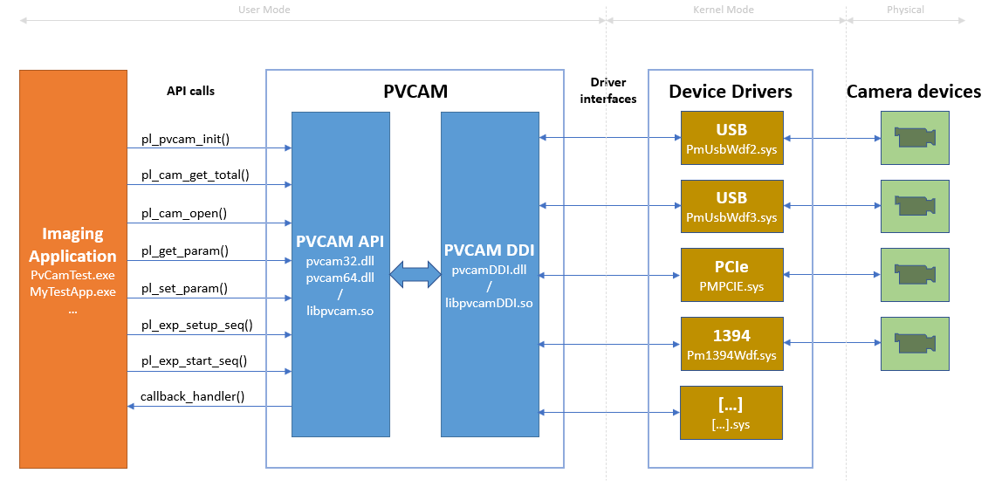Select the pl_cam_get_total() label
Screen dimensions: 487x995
tap(196, 175)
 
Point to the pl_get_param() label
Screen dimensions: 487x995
tap(185, 251)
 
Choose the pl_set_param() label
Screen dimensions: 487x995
tap(184, 288)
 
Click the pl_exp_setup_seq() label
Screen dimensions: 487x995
tap(197, 326)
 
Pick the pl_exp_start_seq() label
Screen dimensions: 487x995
tap(194, 361)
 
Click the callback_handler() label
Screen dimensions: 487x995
tap(193, 397)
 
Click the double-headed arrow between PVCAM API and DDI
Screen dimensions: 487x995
tap(415, 275)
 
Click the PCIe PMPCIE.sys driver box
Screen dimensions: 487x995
tap(731, 275)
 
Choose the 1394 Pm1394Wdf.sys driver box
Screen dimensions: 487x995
tap(731, 344)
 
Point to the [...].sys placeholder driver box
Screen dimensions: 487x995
tap(731, 412)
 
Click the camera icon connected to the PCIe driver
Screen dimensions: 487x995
tap(914, 275)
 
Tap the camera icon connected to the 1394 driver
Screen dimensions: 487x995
tap(914, 344)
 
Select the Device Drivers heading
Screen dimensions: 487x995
tap(731, 92)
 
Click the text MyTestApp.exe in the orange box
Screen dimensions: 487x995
tap(73, 292)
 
